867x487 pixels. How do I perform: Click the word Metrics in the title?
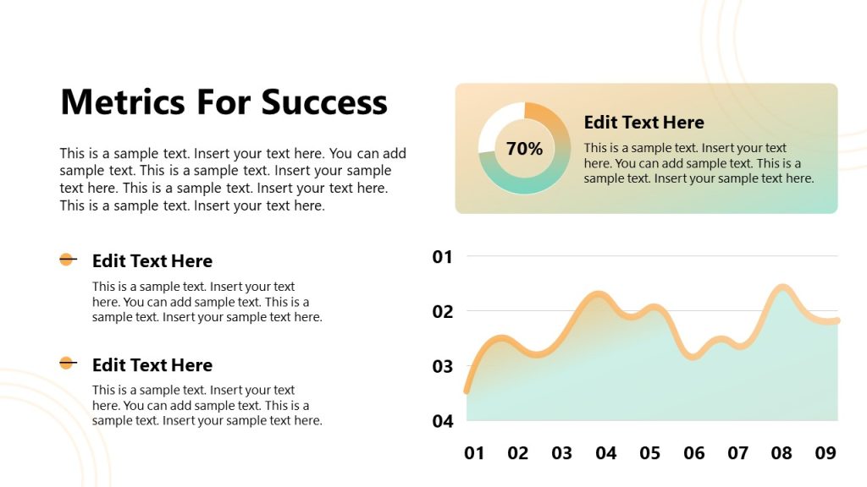123,102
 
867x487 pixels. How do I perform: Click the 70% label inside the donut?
524,149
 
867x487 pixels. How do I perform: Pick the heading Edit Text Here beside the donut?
643,123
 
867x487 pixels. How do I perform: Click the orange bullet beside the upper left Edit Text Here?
66,260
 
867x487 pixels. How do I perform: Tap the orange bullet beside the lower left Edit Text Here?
66,364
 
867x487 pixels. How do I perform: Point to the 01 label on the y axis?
443,257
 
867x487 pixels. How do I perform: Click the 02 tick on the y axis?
443,312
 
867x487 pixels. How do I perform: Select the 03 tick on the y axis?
443,367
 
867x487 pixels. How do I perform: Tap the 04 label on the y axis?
443,421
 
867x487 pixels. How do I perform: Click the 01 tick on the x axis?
474,454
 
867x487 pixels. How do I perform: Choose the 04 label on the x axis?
606,454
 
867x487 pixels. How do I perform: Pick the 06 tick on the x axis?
694,454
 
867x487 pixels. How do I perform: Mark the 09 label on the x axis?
826,454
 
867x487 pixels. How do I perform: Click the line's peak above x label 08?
783,289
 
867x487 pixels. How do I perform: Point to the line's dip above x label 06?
693,356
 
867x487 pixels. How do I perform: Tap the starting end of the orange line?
467,391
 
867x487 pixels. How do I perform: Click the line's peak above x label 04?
599,296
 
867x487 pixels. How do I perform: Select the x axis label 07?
738,454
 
